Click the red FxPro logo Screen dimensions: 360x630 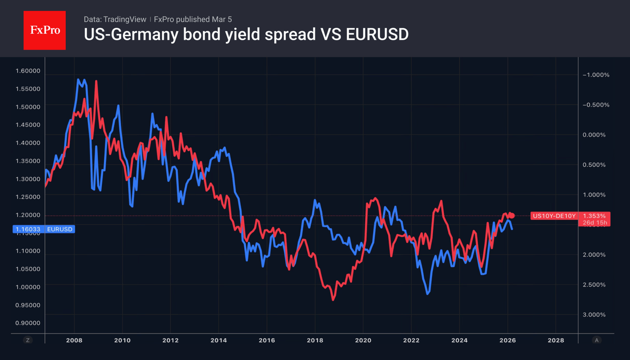[x=44, y=30]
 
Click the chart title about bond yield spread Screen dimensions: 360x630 [x=246, y=34]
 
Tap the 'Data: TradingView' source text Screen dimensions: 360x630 [x=115, y=19]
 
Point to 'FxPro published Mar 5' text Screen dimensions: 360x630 [x=192, y=19]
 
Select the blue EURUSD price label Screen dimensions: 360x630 [x=43, y=229]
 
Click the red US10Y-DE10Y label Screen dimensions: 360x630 [x=554, y=216]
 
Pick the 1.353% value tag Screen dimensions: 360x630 [x=594, y=216]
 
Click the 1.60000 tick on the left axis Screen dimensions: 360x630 [x=28, y=71]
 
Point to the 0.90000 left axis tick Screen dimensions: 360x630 [x=28, y=323]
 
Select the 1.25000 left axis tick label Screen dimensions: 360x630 [x=28, y=197]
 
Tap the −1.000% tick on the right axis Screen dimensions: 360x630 [x=596, y=75]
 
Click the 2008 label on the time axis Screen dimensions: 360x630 [x=74, y=340]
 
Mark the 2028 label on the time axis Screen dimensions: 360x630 [x=555, y=340]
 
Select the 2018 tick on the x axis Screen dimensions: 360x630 [x=315, y=340]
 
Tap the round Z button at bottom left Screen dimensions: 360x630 [x=28, y=340]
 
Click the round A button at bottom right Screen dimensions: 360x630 [x=596, y=340]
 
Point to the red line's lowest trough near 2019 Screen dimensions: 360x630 [x=333, y=300]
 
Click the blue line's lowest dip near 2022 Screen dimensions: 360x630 [x=428, y=293]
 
